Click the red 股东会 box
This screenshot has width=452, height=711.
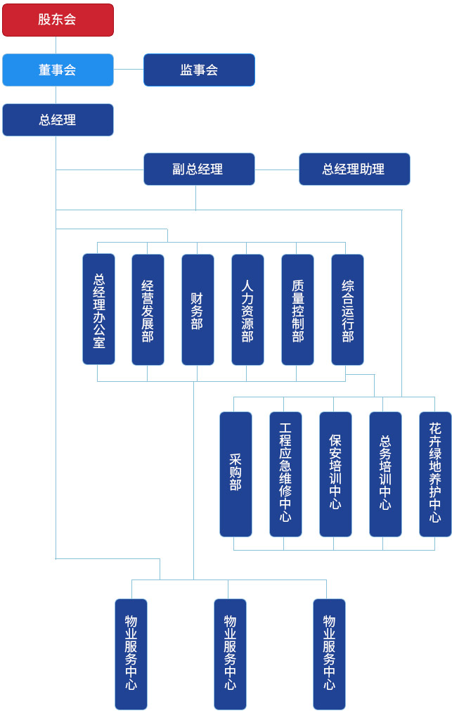coord(58,20)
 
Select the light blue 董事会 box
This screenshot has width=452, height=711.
coord(58,70)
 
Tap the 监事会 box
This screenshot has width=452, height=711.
coord(199,70)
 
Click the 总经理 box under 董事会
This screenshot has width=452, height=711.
coord(58,120)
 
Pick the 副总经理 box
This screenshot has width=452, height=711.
coord(199,169)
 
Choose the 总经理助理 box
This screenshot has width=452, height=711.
coord(354,169)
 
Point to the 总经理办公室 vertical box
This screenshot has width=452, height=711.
coord(98,309)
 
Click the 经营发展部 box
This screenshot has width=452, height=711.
coord(148,309)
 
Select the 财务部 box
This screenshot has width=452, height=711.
coord(198,309)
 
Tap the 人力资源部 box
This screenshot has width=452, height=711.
coord(247,309)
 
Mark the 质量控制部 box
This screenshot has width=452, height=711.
coord(297,309)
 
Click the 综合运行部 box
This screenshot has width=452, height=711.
coord(347,309)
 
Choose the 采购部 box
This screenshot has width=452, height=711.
coord(235,474)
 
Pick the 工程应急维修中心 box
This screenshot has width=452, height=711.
coord(285,474)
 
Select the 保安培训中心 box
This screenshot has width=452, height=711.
coord(335,474)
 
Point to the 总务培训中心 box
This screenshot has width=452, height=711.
coord(385,474)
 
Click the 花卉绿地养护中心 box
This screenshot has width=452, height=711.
coord(435,474)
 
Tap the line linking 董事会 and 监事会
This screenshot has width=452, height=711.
coord(129,70)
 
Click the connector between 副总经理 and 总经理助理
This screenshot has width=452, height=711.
coord(277,169)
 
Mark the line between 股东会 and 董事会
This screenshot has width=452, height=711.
coord(56,45)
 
